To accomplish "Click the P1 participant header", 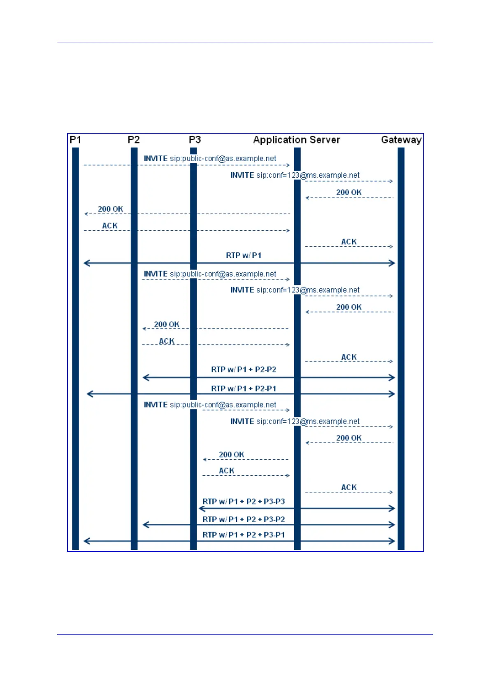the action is point(75,140).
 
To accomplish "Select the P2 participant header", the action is point(134,140).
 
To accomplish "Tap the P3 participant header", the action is point(195,140).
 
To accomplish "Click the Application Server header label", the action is point(296,140).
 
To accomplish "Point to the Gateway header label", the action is point(401,140).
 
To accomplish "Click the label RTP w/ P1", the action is point(244,255).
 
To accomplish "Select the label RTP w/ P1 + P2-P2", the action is point(244,369).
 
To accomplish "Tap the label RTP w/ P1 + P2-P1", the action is point(244,389).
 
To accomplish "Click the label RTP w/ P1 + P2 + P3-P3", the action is point(244,502).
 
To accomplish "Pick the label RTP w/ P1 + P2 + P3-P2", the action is point(244,519).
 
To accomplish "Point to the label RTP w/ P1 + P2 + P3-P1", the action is point(244,535).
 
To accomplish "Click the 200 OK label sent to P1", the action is point(110,209).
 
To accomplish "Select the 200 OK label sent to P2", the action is point(167,324).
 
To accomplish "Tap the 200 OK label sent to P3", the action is point(231,455).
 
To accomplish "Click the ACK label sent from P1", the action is point(110,226).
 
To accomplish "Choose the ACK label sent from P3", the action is point(227,471).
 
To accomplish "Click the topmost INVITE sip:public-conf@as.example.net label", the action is point(210,159).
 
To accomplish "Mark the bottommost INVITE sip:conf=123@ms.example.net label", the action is point(295,421).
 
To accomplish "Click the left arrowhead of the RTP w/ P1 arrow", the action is point(86,263).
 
